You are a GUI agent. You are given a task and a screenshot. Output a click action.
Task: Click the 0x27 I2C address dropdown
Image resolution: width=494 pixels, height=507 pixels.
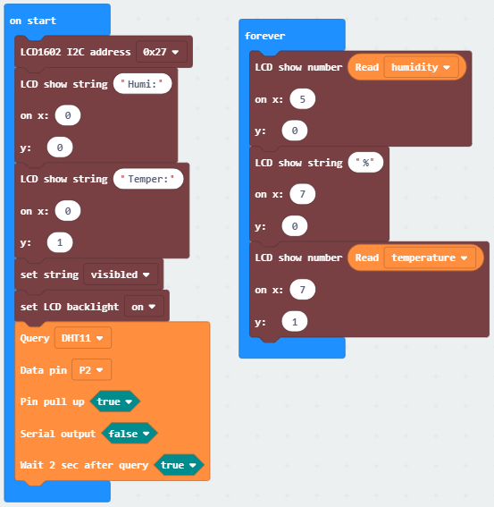pyautogui.click(x=161, y=52)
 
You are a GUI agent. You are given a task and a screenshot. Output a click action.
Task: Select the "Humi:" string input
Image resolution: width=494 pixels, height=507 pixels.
pyautogui.click(x=142, y=84)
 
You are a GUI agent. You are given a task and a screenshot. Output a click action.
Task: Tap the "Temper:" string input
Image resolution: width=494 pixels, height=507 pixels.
pyautogui.click(x=148, y=179)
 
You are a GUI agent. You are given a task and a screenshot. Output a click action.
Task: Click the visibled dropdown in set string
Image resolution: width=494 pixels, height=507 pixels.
pyautogui.click(x=121, y=275)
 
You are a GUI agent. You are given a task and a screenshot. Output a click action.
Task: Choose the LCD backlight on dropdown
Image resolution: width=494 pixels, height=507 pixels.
pyautogui.click(x=144, y=307)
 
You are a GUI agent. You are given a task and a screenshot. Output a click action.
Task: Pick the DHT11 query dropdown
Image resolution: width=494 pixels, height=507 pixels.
pyautogui.click(x=83, y=338)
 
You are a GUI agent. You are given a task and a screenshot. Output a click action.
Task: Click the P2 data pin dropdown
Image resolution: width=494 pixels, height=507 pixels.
pyautogui.click(x=91, y=369)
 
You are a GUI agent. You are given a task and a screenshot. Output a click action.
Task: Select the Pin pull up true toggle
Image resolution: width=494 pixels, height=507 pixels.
pyautogui.click(x=114, y=401)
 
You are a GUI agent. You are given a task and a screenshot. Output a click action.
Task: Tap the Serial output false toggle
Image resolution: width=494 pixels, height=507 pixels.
pyautogui.click(x=130, y=434)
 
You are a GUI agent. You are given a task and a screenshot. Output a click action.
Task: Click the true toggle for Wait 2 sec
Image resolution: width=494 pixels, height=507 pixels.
pyautogui.click(x=179, y=465)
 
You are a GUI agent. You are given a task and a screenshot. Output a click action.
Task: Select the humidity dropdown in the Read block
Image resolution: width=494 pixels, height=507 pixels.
pyautogui.click(x=421, y=67)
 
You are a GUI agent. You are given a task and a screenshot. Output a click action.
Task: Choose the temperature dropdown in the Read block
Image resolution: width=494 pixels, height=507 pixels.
pyautogui.click(x=430, y=258)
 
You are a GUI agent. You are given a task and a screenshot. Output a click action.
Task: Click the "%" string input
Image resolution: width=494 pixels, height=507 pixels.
pyautogui.click(x=365, y=163)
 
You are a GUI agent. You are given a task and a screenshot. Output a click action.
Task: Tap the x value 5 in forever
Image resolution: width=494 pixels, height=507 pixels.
pyautogui.click(x=303, y=99)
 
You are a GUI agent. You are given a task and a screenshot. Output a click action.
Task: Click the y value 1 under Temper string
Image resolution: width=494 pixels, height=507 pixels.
pyautogui.click(x=60, y=242)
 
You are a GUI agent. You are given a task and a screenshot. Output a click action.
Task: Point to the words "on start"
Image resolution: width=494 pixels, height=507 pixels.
pyautogui.click(x=33, y=21)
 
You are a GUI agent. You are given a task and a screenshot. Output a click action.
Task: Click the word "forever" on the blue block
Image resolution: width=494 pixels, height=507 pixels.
pyautogui.click(x=264, y=36)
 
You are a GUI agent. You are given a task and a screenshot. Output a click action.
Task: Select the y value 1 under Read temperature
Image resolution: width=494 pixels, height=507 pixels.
pyautogui.click(x=295, y=322)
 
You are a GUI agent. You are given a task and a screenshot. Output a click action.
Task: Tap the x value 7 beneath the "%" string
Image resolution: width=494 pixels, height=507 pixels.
pyautogui.click(x=303, y=194)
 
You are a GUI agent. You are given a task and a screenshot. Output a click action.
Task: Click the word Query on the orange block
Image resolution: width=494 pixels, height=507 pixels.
pyautogui.click(x=35, y=338)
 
